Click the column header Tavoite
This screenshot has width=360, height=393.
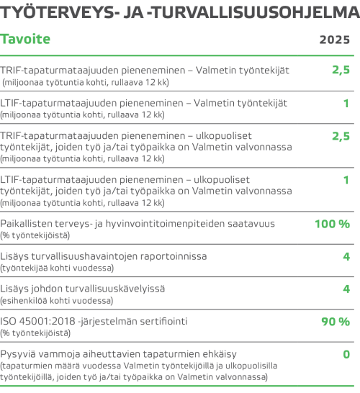pos(25,39)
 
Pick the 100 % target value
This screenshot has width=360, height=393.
pos(332,224)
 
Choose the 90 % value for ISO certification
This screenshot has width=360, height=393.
pos(335,321)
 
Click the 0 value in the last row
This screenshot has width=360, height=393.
pos(346,353)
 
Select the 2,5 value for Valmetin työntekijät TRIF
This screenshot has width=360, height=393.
pos(341,70)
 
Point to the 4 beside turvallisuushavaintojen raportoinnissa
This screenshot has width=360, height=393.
pos(346,256)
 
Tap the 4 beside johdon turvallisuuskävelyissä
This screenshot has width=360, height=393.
pos(346,289)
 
